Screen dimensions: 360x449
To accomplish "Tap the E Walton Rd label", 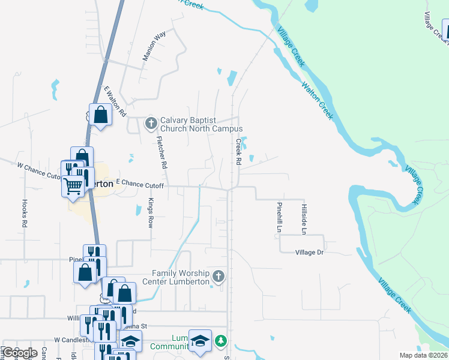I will [115, 100].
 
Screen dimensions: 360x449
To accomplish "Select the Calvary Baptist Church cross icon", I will [151, 124].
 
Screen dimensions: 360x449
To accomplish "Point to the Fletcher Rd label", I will [161, 151].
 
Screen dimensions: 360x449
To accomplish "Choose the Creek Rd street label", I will [238, 152].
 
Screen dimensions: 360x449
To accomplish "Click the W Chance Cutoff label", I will [40, 170].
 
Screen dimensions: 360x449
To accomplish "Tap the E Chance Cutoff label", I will [140, 183].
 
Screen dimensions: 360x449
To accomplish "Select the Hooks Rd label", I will [25, 213].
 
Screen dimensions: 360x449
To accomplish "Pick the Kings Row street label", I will [151, 213].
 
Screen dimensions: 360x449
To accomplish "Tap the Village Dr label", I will [309, 253].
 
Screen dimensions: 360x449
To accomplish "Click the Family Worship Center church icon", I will [219, 277].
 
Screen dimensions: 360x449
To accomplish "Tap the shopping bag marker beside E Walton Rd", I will [101, 114].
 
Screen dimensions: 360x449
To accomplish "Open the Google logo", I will [20, 353].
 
